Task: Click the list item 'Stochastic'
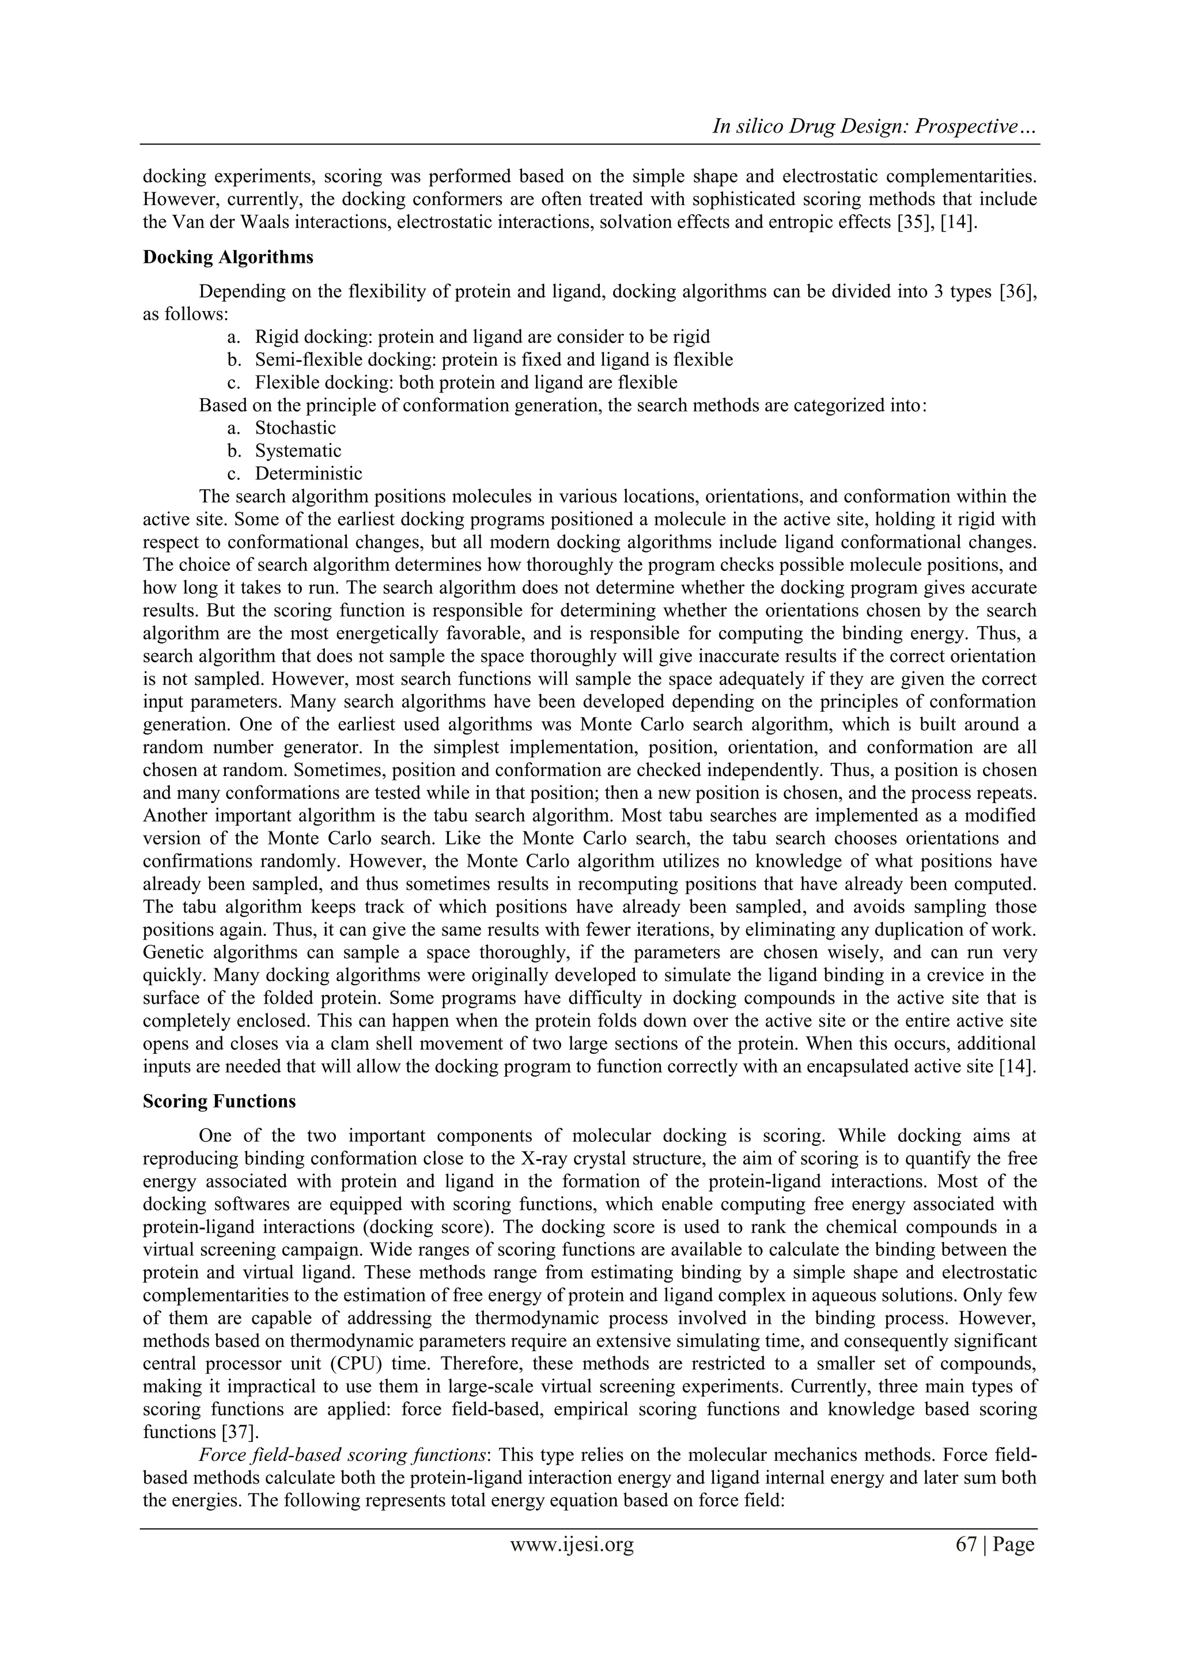(295, 428)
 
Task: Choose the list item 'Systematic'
(298, 451)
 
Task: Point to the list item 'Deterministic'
(308, 474)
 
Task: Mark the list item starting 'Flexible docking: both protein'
(466, 383)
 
